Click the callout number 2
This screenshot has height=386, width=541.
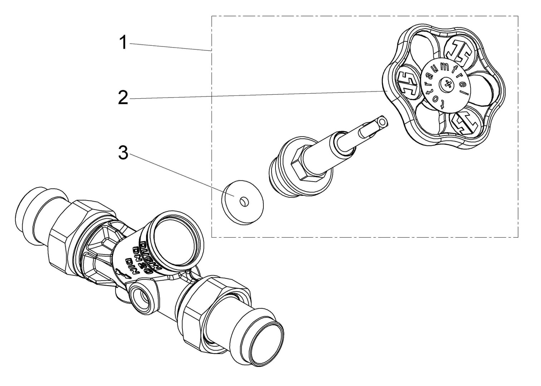[123, 98]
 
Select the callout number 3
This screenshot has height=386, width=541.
[123, 154]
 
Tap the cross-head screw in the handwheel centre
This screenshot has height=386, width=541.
[446, 84]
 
